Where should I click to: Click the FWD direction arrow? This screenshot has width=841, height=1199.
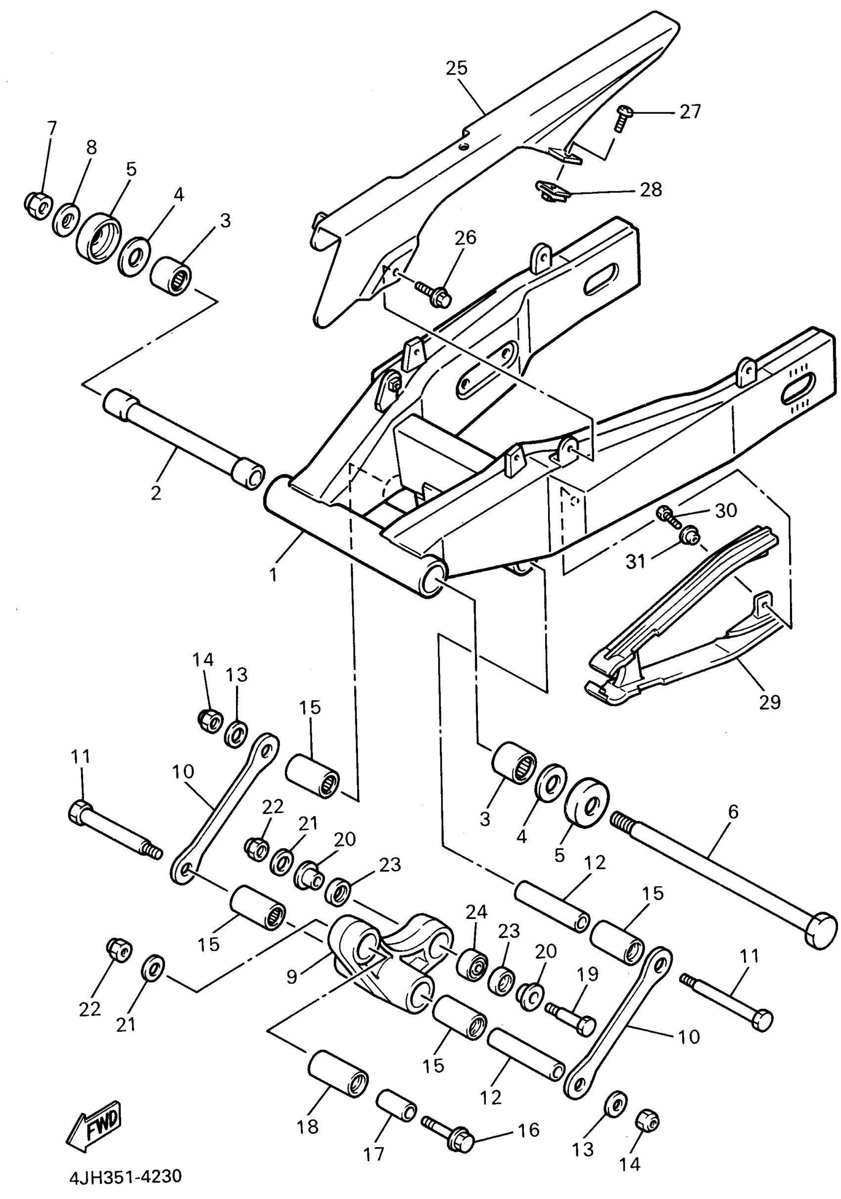94,1125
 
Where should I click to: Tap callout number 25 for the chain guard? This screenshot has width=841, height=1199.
456,68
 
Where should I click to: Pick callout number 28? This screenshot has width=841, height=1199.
651,190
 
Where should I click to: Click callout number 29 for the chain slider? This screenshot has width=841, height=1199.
769,702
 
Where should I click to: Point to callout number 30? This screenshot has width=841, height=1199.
726,510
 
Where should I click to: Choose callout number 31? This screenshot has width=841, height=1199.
635,562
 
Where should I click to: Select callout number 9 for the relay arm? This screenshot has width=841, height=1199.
292,975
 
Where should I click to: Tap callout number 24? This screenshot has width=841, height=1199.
476,912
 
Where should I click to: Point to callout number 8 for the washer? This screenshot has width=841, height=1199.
92,148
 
